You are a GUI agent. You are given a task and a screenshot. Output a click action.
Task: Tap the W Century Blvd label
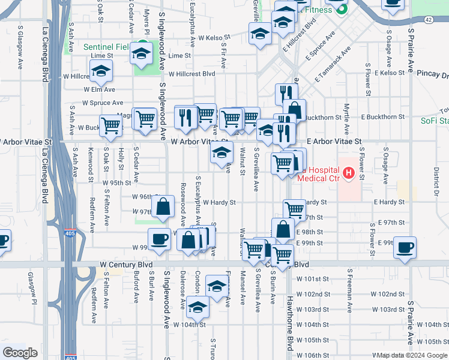[x=126, y=265]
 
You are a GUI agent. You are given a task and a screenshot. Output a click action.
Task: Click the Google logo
[x=20, y=353]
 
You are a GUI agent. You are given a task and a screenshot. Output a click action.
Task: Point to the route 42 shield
[x=427, y=20]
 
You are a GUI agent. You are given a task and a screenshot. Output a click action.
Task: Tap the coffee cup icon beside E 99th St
[x=405, y=248]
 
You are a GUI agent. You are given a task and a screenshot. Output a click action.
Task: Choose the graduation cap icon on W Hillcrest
[x=101, y=71]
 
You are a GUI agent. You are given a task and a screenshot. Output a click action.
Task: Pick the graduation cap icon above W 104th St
[x=197, y=308]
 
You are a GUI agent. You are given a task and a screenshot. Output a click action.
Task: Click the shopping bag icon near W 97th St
[x=163, y=207]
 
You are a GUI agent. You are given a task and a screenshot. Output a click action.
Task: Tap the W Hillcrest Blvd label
[x=191, y=74]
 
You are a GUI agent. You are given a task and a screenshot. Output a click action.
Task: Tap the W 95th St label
[x=117, y=182]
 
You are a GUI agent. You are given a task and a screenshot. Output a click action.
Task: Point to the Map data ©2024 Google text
[x=409, y=355]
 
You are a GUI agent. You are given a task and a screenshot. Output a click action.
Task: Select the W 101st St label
[x=314, y=279]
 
